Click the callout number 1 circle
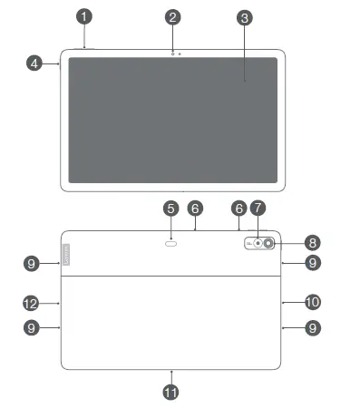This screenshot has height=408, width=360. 84,16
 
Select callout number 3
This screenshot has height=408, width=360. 244,17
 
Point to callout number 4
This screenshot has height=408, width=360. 34,63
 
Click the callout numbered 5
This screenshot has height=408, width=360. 170,209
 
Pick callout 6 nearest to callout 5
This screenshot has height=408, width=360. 195,209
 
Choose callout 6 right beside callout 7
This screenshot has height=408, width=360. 239,209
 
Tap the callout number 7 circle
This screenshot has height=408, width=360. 258,209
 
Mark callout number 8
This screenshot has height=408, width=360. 313,242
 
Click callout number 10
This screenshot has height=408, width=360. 313,301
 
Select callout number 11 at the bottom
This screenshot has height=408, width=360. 170,392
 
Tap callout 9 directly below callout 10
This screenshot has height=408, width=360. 313,328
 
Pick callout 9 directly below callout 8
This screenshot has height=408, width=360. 313,263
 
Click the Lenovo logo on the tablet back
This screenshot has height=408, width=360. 66,253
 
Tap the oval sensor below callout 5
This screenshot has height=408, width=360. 171,243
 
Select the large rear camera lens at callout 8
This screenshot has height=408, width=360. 269,243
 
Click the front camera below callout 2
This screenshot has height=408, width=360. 172,53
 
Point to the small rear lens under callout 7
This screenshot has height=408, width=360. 258,243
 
